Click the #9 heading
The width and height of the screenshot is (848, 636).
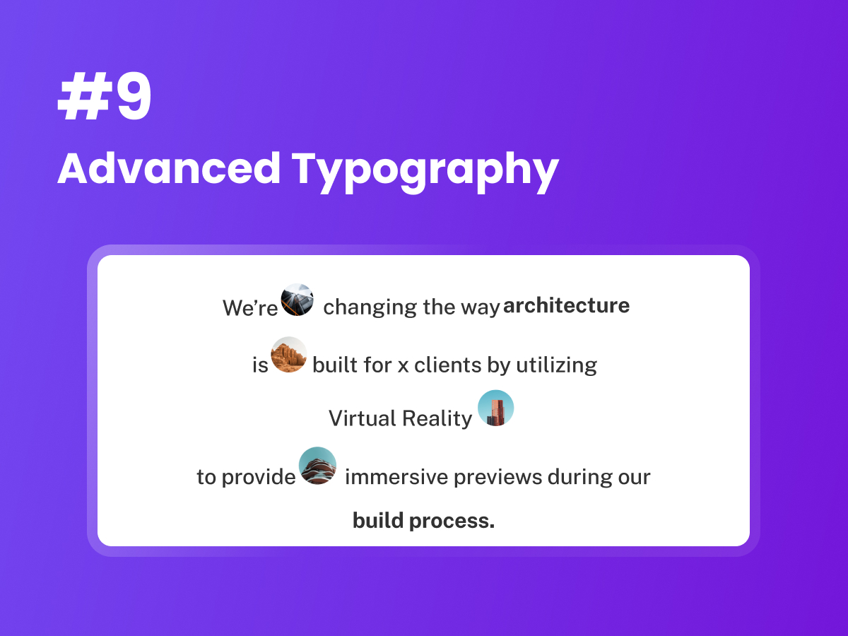pos(105,97)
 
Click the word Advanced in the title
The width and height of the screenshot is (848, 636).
pos(169,169)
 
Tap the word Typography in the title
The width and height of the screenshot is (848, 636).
pos(425,172)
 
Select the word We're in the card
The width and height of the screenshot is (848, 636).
pos(250,308)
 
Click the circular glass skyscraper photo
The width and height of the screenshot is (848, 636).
pos(297,300)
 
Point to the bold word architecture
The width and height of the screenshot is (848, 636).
pos(566,305)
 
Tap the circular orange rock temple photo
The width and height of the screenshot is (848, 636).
pos(289,355)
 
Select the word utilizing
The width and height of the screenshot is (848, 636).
pos(556,365)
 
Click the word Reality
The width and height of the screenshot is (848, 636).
pos(437,419)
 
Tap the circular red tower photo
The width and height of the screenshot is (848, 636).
pos(495,408)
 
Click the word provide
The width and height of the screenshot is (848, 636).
pos(259,477)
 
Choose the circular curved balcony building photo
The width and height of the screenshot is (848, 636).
pos(317,465)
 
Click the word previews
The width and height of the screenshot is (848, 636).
pos(498,478)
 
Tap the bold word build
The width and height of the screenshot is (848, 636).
pos(378,520)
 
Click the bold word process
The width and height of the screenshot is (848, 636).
pos(452,522)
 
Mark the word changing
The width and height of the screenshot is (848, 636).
pos(370,308)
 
